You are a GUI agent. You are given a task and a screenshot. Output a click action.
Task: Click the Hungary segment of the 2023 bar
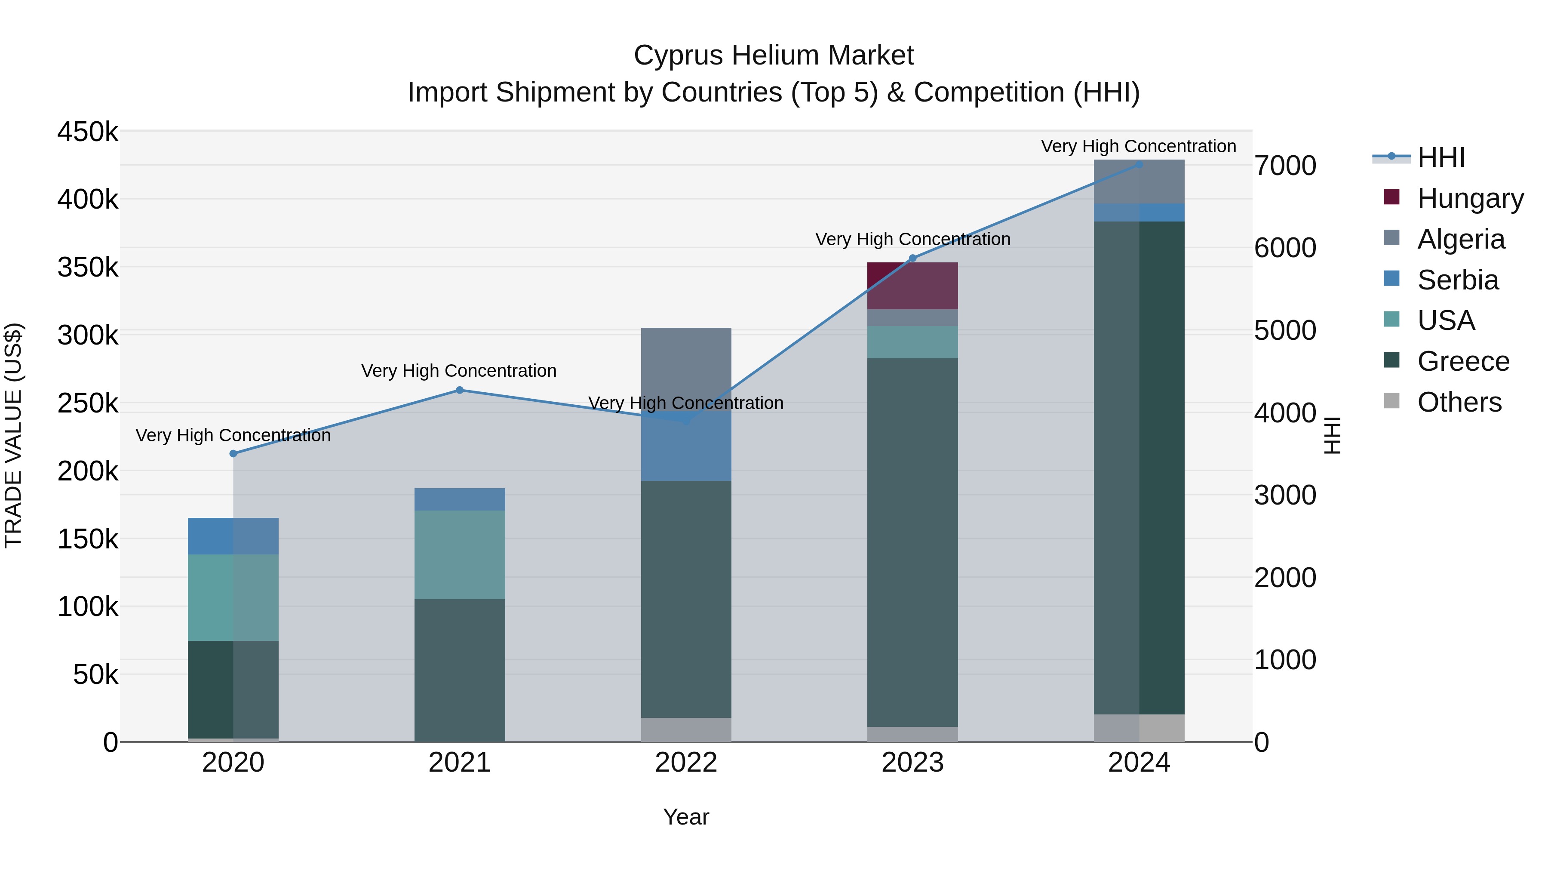click(x=912, y=286)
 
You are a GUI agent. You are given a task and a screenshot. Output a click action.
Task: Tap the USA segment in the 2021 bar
click(x=460, y=554)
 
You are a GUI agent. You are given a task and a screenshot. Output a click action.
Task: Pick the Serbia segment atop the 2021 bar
click(x=460, y=499)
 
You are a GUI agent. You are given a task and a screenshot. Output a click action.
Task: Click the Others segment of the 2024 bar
click(x=1139, y=727)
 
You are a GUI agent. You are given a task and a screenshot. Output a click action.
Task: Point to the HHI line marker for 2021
click(x=460, y=390)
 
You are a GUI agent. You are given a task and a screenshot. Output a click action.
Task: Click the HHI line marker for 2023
click(x=912, y=259)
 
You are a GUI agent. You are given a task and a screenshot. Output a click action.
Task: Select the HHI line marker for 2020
click(x=233, y=454)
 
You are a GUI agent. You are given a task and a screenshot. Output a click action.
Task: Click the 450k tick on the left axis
click(x=88, y=132)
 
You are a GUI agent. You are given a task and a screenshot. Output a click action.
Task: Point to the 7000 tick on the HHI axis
click(x=1285, y=166)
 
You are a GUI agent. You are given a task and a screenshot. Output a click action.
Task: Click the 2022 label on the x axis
click(x=686, y=763)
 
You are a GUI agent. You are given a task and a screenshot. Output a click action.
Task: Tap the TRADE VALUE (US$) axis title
click(x=13, y=435)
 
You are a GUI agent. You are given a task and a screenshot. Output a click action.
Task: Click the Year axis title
click(x=686, y=817)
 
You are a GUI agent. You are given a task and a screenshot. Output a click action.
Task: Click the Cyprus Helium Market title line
click(x=774, y=55)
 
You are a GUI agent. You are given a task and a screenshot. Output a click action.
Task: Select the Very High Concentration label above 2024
click(x=1138, y=146)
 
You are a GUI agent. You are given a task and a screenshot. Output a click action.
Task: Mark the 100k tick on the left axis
click(x=88, y=607)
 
